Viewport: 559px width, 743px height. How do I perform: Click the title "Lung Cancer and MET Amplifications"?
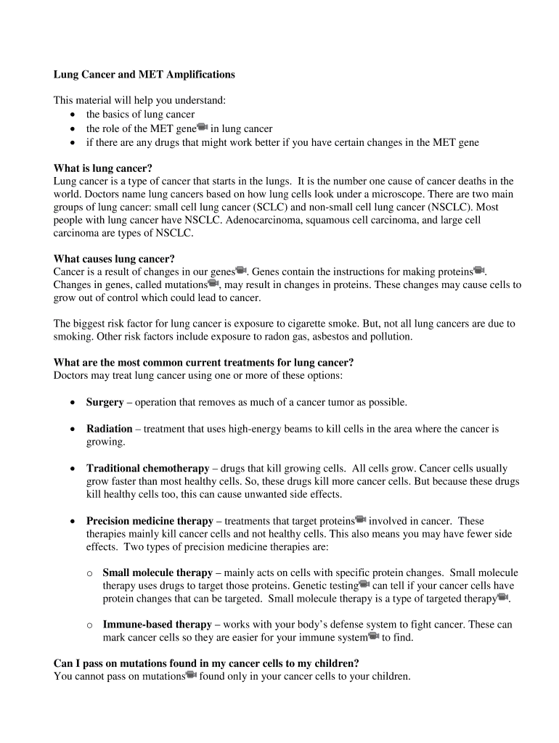144,75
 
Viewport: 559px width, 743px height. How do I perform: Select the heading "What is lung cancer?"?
103,168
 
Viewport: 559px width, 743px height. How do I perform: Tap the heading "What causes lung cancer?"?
114,259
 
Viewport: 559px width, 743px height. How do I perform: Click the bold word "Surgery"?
105,402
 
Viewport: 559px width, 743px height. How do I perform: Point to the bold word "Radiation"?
109,429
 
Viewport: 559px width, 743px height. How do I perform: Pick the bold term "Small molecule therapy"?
158,573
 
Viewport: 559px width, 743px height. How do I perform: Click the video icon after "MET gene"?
203,128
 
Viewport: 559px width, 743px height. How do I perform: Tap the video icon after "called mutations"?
213,284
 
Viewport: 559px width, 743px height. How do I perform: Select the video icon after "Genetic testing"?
364,584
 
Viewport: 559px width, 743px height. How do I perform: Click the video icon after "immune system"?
374,636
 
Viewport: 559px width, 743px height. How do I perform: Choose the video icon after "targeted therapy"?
502,597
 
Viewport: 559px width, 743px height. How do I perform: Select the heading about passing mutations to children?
206,664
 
